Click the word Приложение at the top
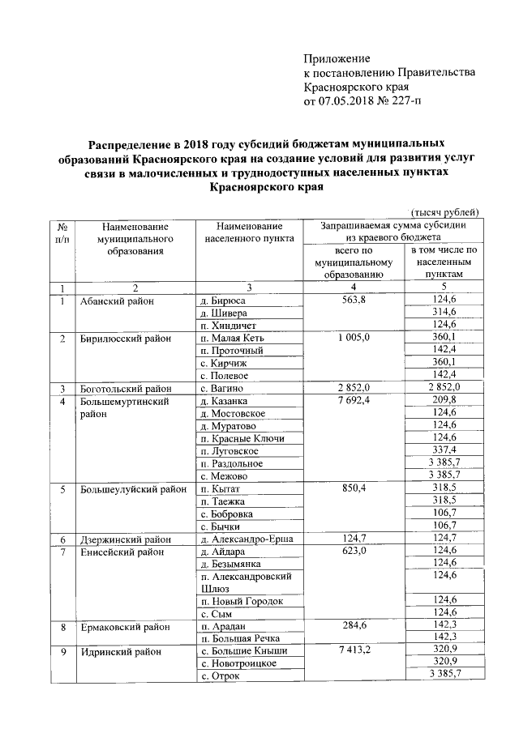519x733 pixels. pyautogui.click(x=337, y=58)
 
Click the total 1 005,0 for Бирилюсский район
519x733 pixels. pyautogui.click(x=351, y=339)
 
